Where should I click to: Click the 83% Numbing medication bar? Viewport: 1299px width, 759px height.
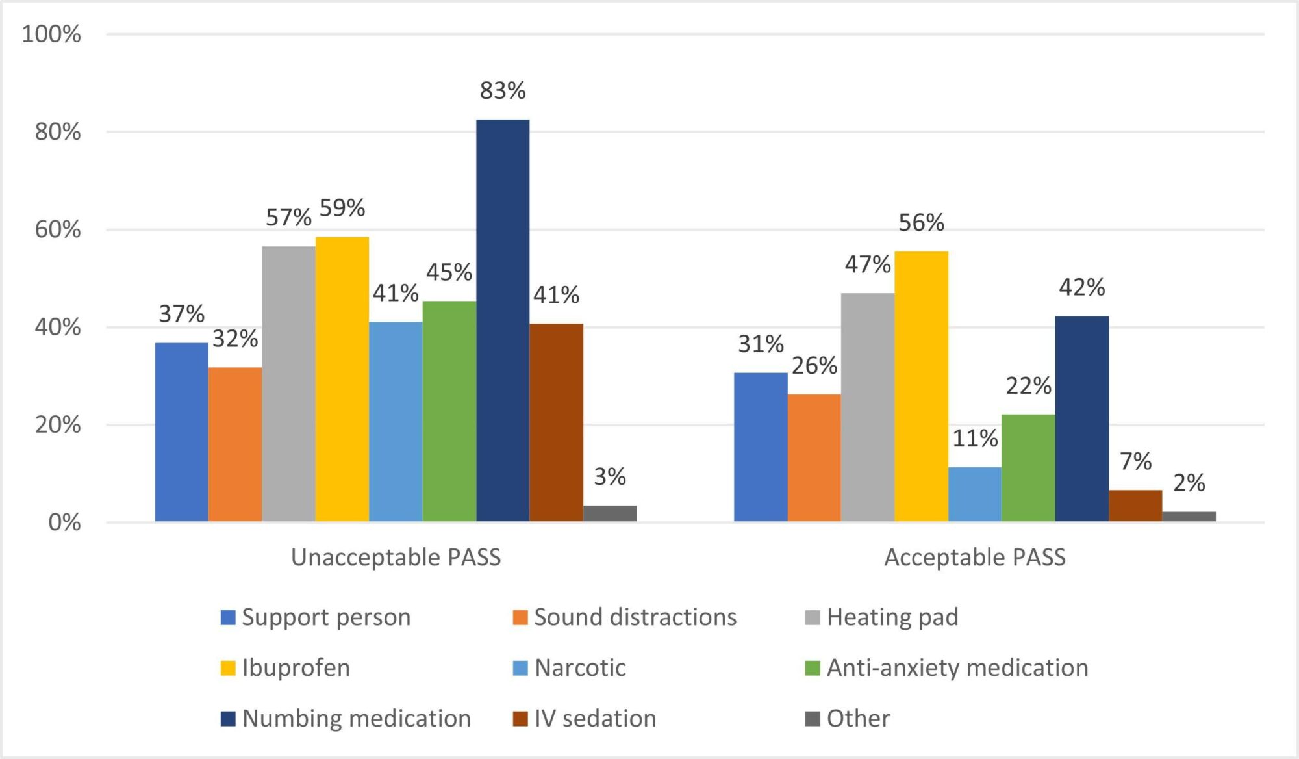click(x=503, y=320)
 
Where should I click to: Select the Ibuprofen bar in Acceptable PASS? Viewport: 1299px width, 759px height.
click(x=921, y=386)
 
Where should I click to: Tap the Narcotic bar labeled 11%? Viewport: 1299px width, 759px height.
click(x=975, y=494)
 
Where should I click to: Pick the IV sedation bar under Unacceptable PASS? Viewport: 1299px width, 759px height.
click(x=556, y=422)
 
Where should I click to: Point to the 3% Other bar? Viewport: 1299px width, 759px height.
click(x=610, y=513)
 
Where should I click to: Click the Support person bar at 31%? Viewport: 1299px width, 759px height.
click(x=761, y=447)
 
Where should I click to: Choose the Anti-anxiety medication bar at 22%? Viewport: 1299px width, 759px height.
click(x=1028, y=468)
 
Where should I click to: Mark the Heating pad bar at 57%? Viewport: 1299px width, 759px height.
click(x=288, y=383)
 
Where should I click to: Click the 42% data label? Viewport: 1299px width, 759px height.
click(x=1082, y=287)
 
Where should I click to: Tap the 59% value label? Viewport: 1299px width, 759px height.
click(x=342, y=208)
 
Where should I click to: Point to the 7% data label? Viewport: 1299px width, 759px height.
click(x=1136, y=461)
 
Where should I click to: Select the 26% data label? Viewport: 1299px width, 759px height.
click(x=814, y=366)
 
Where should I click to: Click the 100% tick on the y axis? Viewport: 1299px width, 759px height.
click(x=51, y=34)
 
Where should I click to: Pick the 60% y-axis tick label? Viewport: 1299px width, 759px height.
click(x=58, y=229)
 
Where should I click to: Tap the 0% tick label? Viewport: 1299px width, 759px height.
click(x=64, y=522)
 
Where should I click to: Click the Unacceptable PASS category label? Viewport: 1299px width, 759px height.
click(x=396, y=558)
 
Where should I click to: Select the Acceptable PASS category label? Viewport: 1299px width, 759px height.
click(x=975, y=558)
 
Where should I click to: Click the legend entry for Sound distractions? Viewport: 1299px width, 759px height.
click(x=625, y=617)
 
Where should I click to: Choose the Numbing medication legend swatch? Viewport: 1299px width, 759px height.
click(x=228, y=719)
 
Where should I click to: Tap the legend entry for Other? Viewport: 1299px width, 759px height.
click(x=848, y=719)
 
